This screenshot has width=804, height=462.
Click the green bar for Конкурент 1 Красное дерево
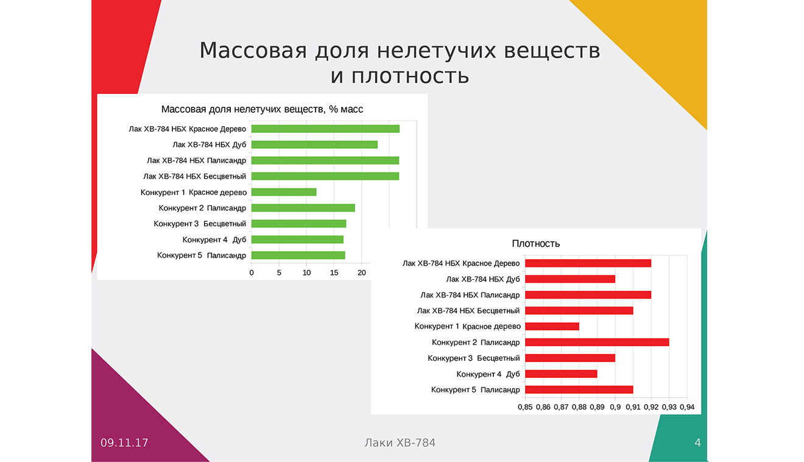click(x=284, y=192)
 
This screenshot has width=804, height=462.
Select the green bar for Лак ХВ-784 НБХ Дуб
click(x=314, y=144)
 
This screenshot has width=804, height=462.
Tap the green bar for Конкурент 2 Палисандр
click(x=303, y=208)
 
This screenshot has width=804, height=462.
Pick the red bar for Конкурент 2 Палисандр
click(x=597, y=343)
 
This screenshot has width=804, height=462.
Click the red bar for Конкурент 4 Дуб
click(x=561, y=374)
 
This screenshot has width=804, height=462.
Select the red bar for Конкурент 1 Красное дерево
click(x=552, y=327)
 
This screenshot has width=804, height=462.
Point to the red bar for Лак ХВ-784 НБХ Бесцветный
click(x=579, y=311)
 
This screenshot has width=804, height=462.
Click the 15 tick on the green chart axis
click(x=334, y=272)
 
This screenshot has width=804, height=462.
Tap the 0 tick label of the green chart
click(x=251, y=272)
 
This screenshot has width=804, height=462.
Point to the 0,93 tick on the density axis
click(x=669, y=407)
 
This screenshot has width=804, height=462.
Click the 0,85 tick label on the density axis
click(x=525, y=407)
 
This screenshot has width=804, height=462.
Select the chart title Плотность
click(x=535, y=244)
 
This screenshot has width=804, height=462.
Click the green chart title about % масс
click(x=262, y=109)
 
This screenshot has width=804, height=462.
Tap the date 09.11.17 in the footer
click(x=124, y=442)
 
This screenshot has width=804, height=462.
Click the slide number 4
click(x=697, y=442)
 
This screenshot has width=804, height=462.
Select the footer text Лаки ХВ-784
click(x=400, y=442)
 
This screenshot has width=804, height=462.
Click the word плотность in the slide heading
click(x=411, y=76)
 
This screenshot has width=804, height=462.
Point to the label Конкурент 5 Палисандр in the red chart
click(x=475, y=390)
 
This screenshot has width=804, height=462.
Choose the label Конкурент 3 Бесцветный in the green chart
click(x=200, y=224)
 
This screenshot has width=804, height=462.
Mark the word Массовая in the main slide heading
click(x=253, y=50)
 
